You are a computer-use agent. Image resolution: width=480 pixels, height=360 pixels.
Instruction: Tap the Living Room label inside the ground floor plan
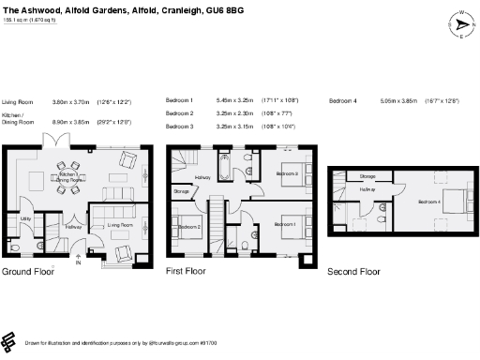point(118,226)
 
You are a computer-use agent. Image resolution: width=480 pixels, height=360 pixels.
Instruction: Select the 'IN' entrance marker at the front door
point(78,265)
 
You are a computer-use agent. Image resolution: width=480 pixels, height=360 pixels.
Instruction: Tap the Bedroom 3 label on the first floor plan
point(288,174)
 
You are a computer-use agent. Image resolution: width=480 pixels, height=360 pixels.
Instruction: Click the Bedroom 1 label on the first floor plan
point(285,225)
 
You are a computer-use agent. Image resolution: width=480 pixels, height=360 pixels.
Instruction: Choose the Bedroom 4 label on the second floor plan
point(429,202)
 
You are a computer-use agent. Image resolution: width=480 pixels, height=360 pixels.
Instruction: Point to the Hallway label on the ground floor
point(74,226)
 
